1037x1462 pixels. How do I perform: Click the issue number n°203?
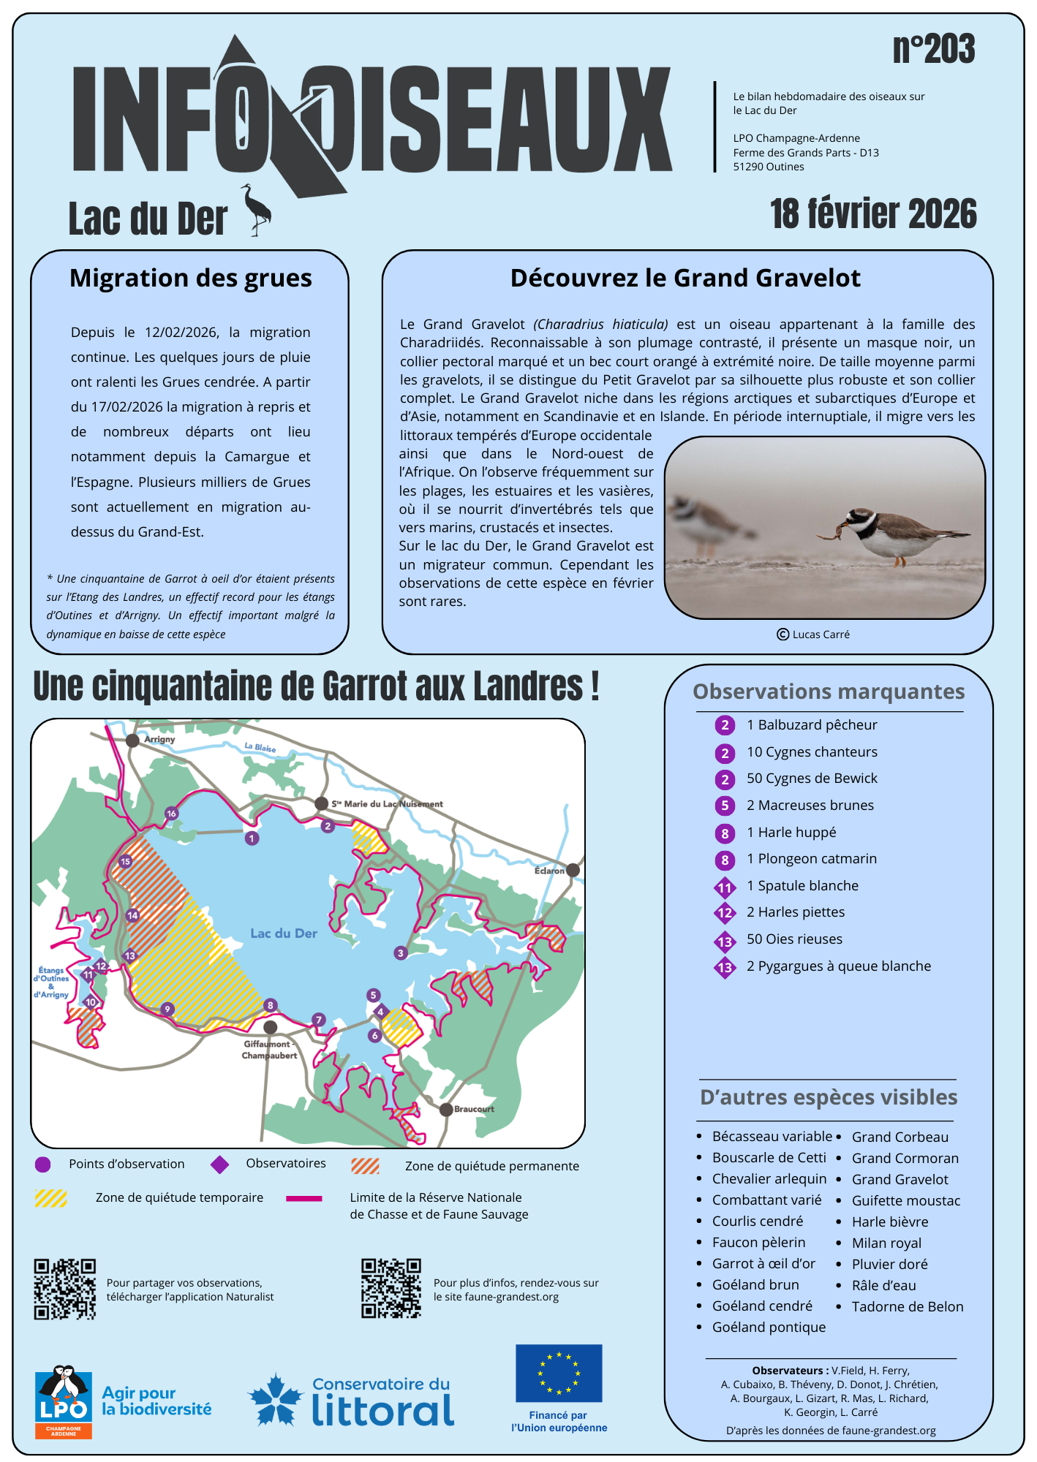(933, 50)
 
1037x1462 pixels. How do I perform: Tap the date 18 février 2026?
(873, 214)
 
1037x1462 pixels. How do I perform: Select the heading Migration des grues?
(190, 279)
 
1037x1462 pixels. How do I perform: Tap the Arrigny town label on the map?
(159, 739)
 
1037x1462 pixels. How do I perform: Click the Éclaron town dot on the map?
(573, 870)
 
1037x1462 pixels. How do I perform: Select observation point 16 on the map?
(171, 814)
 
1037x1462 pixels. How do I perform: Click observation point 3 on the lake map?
(400, 953)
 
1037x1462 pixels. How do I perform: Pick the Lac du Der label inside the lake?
(284, 933)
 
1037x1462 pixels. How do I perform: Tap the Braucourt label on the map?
(474, 1109)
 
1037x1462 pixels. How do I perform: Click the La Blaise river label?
(260, 748)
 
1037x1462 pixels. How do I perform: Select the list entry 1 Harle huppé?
(791, 833)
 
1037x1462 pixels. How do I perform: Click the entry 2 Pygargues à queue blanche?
(838, 966)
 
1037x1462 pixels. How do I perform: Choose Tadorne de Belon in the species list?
(907, 1307)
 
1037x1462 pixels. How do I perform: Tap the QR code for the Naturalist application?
(65, 1289)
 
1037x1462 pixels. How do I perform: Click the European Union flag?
(559, 1373)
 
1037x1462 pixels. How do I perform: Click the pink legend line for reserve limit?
(303, 1198)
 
